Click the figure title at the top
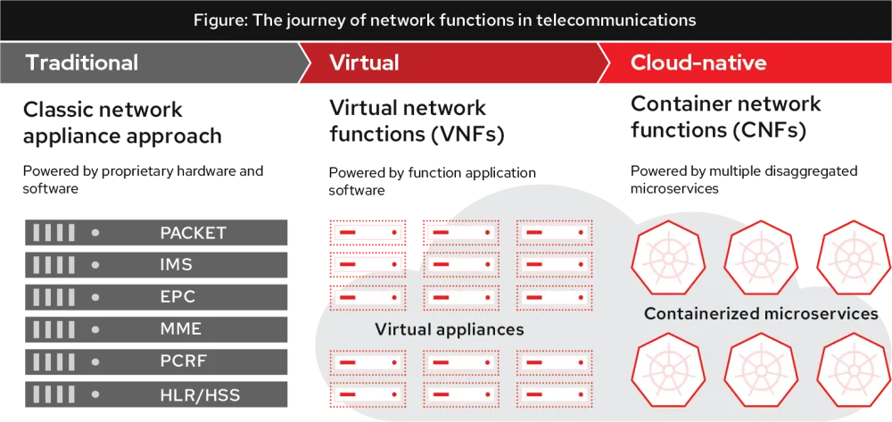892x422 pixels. [x=445, y=20]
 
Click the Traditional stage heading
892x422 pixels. [x=81, y=62]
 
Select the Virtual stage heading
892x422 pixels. [x=364, y=62]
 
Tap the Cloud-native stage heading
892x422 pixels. [x=698, y=62]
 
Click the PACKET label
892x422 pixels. [x=193, y=233]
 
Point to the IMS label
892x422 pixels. [x=176, y=265]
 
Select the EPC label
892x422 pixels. [x=177, y=297]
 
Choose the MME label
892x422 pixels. [x=180, y=329]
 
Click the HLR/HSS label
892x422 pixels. [x=200, y=394]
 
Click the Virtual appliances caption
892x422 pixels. [x=450, y=329]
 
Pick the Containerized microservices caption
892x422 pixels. [x=761, y=313]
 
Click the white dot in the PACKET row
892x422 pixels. [x=95, y=233]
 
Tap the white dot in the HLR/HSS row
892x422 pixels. [x=95, y=394]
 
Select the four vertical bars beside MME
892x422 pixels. [x=54, y=329]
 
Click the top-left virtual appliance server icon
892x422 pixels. [x=368, y=233]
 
